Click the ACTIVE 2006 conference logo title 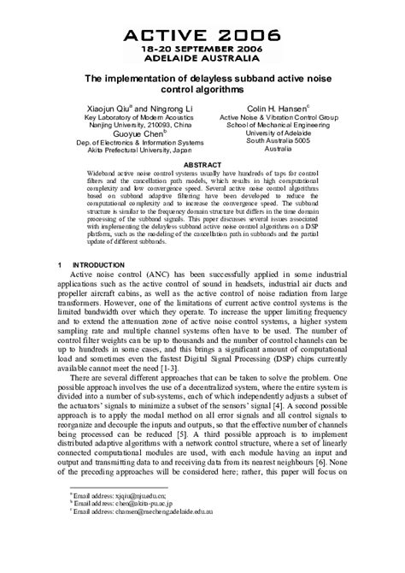202,35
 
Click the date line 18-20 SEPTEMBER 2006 202,50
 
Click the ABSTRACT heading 202,164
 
